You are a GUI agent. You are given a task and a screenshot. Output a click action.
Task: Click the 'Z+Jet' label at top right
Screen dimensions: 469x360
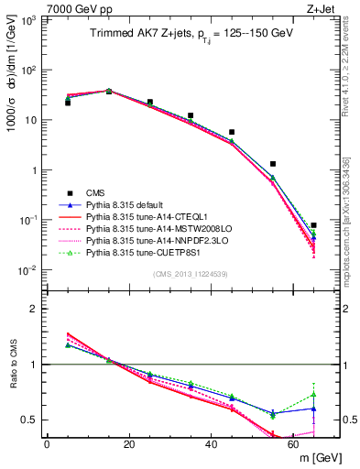323,7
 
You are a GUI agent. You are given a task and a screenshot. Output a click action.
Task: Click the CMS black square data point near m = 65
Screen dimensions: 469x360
313,225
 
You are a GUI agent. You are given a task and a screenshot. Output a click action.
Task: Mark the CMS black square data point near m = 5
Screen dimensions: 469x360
68,103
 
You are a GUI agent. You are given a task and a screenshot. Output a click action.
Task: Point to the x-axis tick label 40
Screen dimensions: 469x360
211,444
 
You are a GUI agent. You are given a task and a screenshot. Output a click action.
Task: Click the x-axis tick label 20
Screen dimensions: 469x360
129,444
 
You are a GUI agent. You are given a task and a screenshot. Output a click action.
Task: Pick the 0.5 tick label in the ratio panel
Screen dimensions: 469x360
31,420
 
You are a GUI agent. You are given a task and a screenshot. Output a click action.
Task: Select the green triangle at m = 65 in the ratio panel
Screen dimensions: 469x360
313,395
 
